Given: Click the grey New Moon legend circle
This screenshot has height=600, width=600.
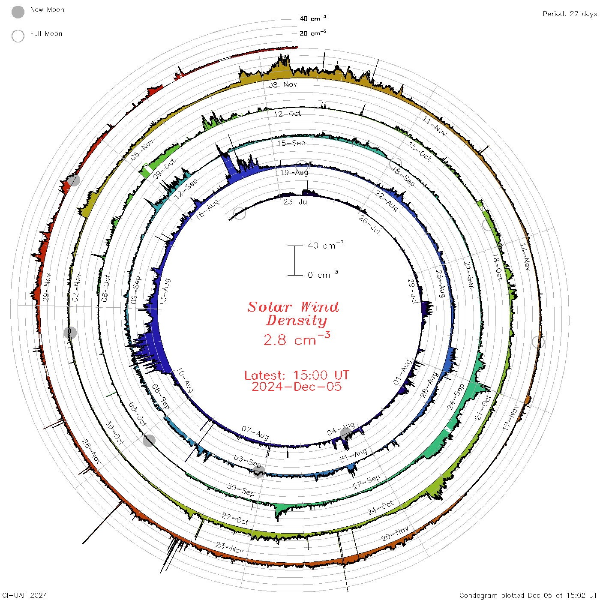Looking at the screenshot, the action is (18, 12).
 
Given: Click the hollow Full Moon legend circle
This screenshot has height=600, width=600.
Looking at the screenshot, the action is (18, 36).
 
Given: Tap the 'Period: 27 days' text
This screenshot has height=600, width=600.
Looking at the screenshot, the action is (570, 14).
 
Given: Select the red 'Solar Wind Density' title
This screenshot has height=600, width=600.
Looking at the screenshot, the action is (293, 314).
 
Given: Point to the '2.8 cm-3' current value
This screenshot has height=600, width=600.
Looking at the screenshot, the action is (297, 339).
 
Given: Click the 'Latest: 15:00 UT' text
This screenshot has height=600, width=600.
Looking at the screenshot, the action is (297, 375).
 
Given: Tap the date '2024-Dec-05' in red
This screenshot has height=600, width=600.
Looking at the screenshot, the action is (297, 387).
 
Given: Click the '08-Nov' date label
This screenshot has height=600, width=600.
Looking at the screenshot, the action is (282, 85).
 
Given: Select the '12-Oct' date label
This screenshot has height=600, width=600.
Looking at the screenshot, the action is (288, 114).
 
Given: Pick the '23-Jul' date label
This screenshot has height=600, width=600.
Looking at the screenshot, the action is (296, 202).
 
